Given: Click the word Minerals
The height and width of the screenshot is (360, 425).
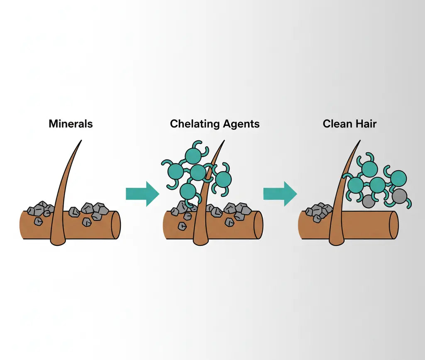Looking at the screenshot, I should pyautogui.click(x=71, y=124).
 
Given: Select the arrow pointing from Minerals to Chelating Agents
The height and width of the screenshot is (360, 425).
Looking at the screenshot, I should pyautogui.click(x=142, y=193).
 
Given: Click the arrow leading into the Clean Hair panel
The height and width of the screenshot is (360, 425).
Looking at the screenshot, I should pyautogui.click(x=280, y=193).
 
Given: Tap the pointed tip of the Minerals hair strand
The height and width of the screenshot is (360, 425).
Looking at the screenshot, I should pyautogui.click(x=81, y=141).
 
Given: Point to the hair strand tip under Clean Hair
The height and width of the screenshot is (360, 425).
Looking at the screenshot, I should pyautogui.click(x=359, y=141).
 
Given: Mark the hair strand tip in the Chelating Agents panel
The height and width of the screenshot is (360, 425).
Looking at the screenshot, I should pyautogui.click(x=224, y=141).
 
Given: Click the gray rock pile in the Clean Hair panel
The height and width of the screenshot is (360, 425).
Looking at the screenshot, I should pyautogui.click(x=319, y=211).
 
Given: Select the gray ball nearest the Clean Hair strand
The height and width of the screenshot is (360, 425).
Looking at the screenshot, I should pyautogui.click(x=368, y=201).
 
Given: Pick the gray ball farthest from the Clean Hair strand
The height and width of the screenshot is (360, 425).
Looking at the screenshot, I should pyautogui.click(x=399, y=195).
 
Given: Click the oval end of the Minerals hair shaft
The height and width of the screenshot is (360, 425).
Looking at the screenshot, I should pyautogui.click(x=116, y=225).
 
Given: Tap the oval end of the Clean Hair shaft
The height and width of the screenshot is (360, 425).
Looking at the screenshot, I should pyautogui.click(x=394, y=225).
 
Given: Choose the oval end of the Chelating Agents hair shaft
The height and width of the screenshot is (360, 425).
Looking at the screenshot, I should pyautogui.click(x=258, y=225).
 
